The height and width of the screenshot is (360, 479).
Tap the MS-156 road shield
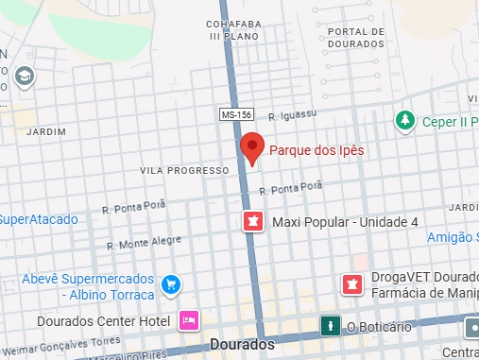pyautogui.click(x=235, y=114)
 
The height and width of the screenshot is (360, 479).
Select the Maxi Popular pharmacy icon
pyautogui.click(x=252, y=222)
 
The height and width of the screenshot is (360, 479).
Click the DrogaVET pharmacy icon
pyautogui.click(x=351, y=283)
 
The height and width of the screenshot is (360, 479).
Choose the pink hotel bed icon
pyautogui.click(x=189, y=320)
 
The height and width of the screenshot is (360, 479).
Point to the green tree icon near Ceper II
pyautogui.click(x=405, y=120)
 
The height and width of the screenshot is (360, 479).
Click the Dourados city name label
pyautogui.click(x=243, y=345)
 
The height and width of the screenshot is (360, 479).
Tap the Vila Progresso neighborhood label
pyautogui.click(x=183, y=171)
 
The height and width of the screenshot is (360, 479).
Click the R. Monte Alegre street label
pyautogui.click(x=144, y=242)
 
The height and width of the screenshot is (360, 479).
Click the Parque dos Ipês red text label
pyautogui.click(x=316, y=149)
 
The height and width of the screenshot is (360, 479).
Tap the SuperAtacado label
pyautogui.click(x=38, y=219)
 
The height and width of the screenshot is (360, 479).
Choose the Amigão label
pyautogui.click(x=452, y=237)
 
